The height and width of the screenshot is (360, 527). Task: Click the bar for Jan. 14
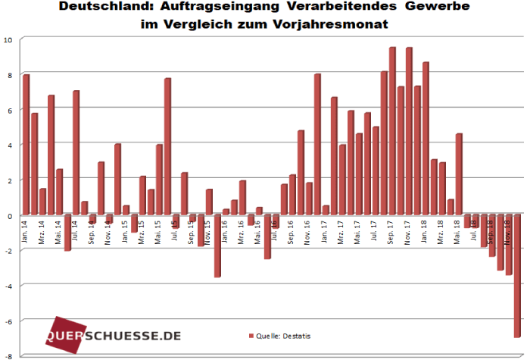pyautogui.click(x=26, y=144)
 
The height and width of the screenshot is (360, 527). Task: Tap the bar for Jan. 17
pyautogui.click(x=317, y=144)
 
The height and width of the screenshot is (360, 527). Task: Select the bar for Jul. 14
pyautogui.click(x=76, y=152)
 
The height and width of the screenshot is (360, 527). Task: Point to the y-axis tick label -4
pyautogui.click(x=8, y=286)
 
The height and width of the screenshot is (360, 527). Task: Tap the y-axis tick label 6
pyautogui.click(x=9, y=110)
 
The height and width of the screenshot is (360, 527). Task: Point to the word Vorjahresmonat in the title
pyautogui.click(x=335, y=23)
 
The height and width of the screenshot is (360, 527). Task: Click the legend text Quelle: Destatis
pyautogui.click(x=283, y=335)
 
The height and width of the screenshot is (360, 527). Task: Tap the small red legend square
pyautogui.click(x=251, y=335)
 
